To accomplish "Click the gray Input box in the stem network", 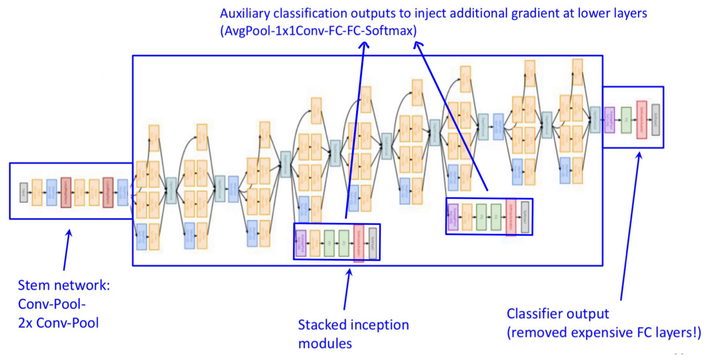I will pos(24,192).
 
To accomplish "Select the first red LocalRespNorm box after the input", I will pos(66,192).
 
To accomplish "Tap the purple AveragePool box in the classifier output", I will pos(610,120).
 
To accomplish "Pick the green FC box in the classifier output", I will pos(626,120).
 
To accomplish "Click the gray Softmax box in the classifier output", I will pos(655,119).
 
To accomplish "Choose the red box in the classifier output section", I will pos(642,119).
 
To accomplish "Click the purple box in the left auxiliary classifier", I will pos(301,243).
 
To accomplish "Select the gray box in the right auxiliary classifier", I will pos(525,217).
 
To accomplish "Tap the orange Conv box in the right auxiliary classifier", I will pos(467,217).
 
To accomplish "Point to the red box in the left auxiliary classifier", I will pos(359,243).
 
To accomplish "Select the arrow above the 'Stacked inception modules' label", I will pos(347,289).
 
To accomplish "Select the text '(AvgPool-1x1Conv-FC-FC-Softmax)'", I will pos(318,31).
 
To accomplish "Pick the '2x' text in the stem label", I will pos(25,323).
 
